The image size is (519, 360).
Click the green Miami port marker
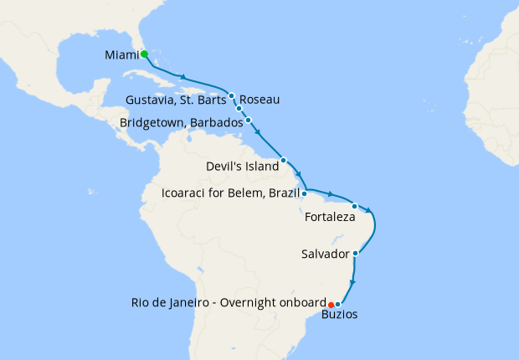click(144, 54)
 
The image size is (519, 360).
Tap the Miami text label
click(121, 55)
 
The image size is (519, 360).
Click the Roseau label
click(259, 100)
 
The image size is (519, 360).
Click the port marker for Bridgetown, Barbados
click(249, 121)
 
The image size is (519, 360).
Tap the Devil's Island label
click(241, 167)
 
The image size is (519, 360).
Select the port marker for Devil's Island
click(284, 160)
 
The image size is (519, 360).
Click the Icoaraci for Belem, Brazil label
click(230, 195)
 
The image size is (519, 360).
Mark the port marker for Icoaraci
click(304, 193)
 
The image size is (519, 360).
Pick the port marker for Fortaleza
click(354, 206)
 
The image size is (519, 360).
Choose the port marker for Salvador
click(356, 253)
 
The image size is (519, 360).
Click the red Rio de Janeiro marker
click(331, 304)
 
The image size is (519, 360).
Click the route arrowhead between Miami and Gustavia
click(181, 77)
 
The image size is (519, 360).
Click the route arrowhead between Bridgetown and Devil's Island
click(259, 132)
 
